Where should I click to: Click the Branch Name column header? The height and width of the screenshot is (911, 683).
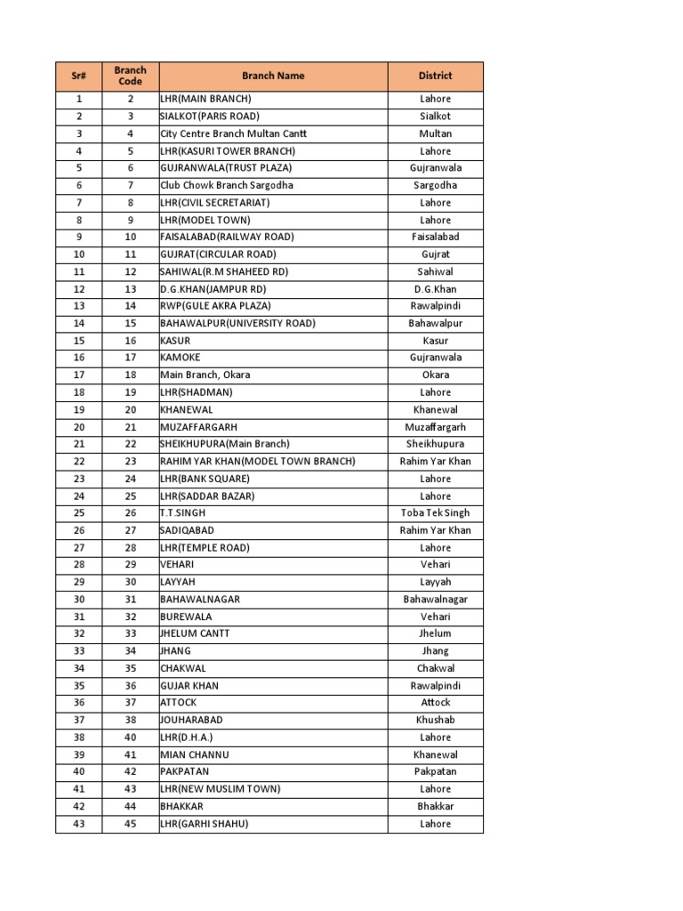[x=273, y=77]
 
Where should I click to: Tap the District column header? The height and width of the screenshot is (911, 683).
[x=435, y=77]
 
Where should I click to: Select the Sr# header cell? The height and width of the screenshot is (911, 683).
[x=78, y=77]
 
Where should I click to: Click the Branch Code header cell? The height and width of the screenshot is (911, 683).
[x=130, y=77]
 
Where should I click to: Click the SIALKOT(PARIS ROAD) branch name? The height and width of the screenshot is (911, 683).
[x=210, y=117]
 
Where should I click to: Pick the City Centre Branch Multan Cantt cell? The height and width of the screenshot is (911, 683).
[x=233, y=133]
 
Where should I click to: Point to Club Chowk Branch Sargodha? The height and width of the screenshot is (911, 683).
[x=226, y=185]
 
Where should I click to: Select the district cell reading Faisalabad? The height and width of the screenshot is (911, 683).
[x=435, y=238]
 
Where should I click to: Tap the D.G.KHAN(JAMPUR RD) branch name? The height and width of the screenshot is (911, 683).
[x=213, y=289]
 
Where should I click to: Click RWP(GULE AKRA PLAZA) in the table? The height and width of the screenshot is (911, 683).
[x=215, y=306]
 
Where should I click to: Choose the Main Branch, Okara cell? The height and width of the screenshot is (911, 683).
[x=205, y=375]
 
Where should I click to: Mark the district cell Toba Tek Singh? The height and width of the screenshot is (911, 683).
[x=435, y=513]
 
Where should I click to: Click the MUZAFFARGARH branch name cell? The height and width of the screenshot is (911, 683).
[x=198, y=427]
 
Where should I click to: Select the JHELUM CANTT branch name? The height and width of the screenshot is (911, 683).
[x=195, y=634]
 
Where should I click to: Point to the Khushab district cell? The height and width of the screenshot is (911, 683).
[x=435, y=721]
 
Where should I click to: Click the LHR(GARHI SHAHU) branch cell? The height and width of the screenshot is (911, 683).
[x=204, y=824]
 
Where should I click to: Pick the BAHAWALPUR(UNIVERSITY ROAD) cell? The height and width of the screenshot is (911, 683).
[x=237, y=324]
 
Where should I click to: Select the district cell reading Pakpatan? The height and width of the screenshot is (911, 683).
[x=435, y=772]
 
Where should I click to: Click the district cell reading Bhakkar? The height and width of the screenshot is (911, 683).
[x=435, y=807]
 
